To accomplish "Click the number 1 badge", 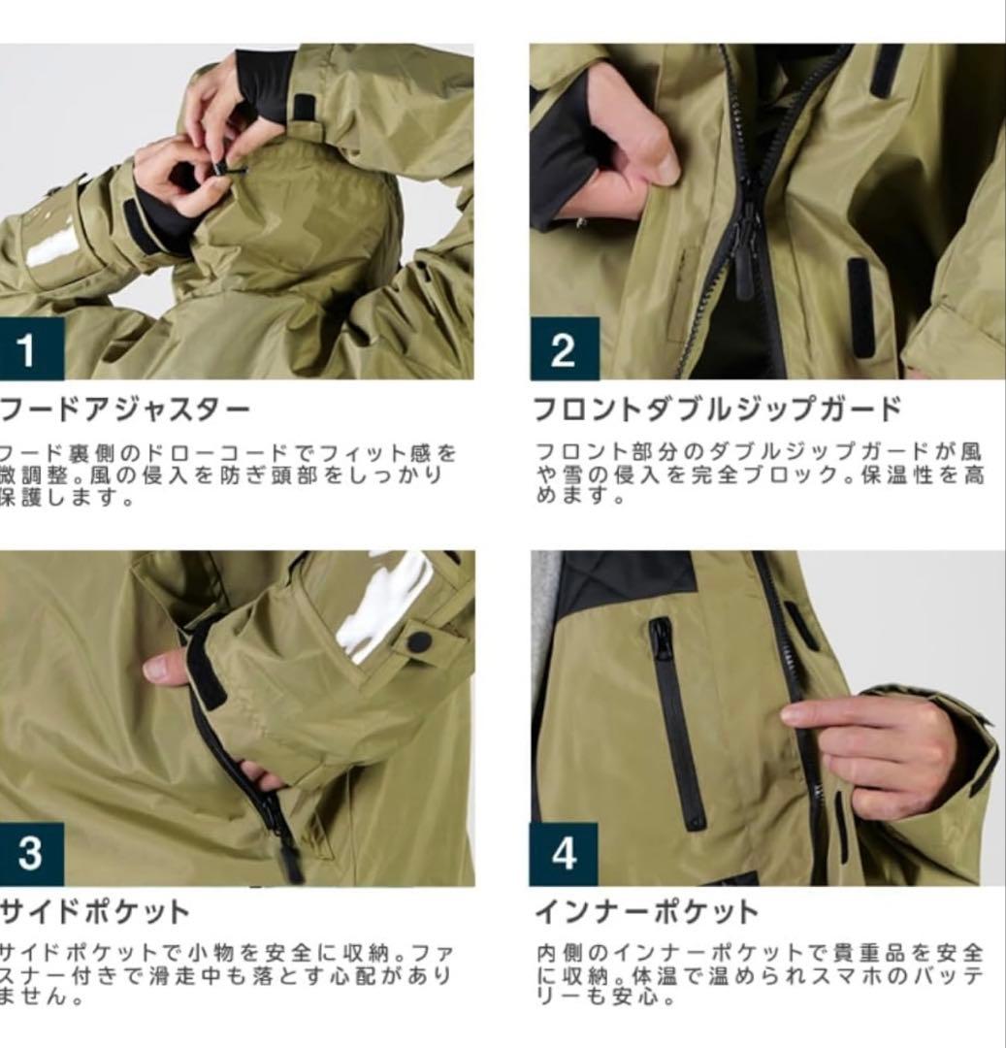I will point(26,349).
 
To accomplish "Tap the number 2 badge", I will point(563,349).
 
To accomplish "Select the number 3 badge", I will point(30,853).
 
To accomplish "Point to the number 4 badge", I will point(564,853).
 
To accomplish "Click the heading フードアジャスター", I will point(125,409).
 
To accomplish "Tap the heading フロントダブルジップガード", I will point(718,409).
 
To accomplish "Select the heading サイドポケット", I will point(95,912).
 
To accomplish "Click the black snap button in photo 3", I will point(419,640).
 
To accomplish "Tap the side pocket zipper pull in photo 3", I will point(288,860).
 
